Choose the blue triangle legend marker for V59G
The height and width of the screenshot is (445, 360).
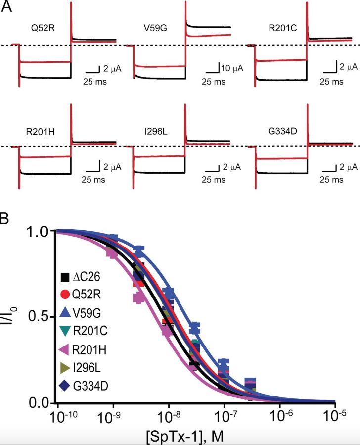point(65,312)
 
